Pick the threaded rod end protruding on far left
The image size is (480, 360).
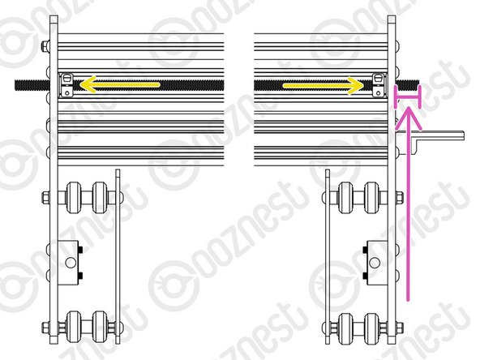[x=24, y=84]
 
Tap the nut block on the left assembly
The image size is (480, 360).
[x=71, y=261]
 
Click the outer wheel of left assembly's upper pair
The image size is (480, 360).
[x=77, y=198]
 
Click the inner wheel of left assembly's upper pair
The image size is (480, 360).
[x=100, y=198]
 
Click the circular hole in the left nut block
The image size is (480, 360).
[x=71, y=261]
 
